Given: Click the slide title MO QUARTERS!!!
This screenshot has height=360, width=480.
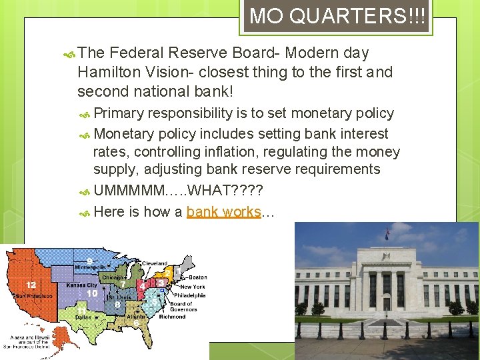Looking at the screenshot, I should pyautogui.click(x=335, y=16).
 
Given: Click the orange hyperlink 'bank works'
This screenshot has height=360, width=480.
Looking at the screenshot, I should pyautogui.click(x=223, y=212).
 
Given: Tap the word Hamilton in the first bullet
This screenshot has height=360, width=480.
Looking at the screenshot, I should pyautogui.click(x=107, y=71).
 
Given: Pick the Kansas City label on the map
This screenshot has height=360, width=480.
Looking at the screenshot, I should pyautogui.click(x=82, y=285).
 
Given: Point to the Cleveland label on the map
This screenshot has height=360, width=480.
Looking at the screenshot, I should pyautogui.click(x=153, y=263).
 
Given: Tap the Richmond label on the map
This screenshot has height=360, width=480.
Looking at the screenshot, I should pyautogui.click(x=173, y=317).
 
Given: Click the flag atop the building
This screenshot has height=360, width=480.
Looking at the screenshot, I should pyautogui.click(x=386, y=232).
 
